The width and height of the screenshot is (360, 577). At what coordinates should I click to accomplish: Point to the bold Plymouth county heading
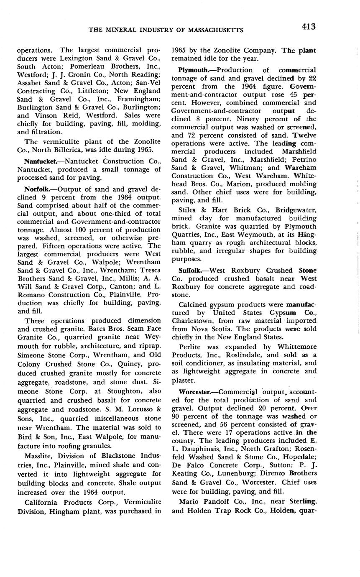point(194,70)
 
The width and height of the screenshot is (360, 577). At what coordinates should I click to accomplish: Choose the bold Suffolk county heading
point(191,271)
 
